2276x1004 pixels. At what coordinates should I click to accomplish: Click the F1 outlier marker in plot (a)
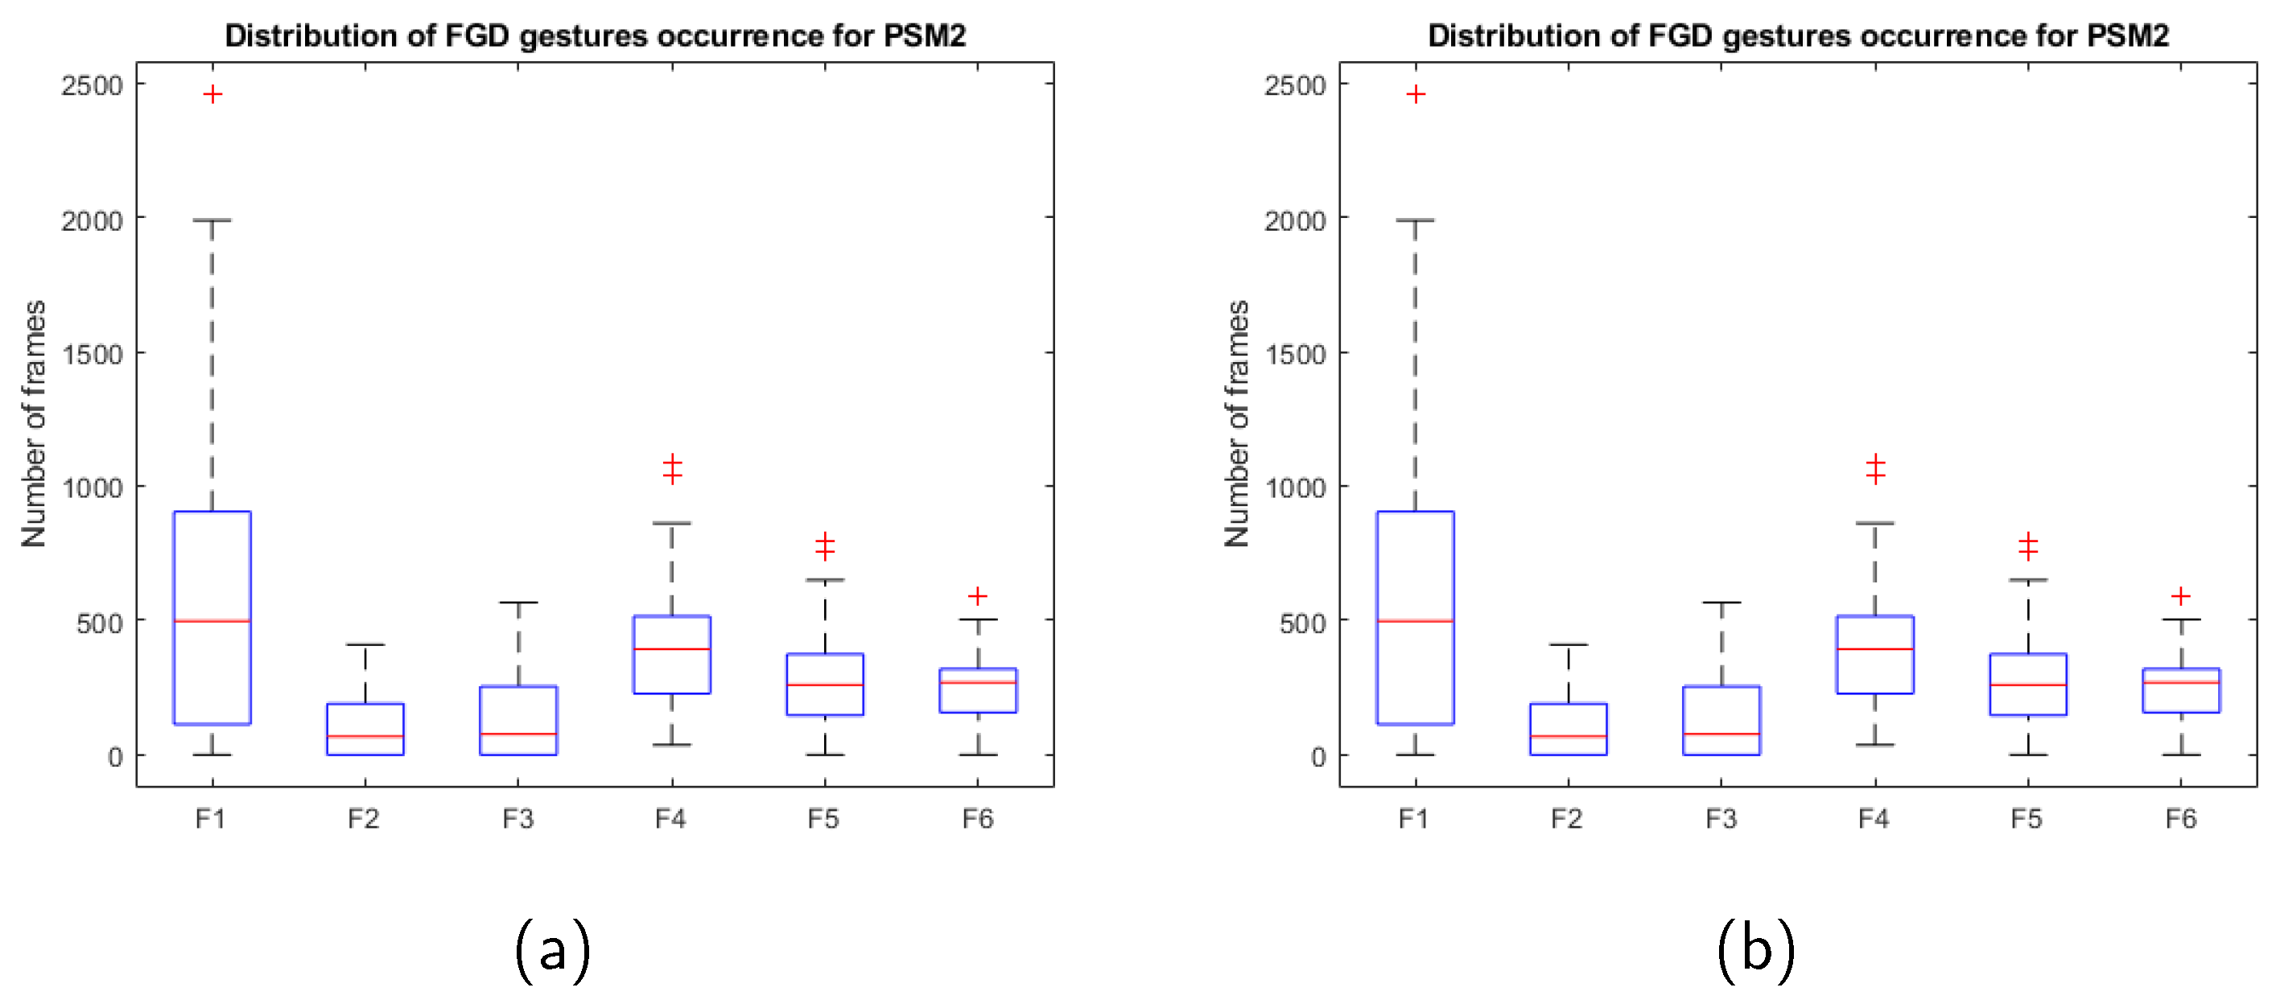(212, 94)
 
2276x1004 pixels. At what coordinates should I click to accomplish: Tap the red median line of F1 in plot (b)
(1415, 621)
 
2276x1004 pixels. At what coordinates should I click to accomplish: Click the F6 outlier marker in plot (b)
(2180, 596)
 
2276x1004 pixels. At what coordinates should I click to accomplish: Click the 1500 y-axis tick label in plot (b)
(1294, 354)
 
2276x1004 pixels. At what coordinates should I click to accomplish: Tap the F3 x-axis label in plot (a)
(517, 818)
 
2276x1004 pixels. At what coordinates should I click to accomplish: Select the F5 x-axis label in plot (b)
(2027, 818)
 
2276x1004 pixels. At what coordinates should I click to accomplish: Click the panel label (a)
(552, 950)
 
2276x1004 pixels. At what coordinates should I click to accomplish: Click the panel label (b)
(1755, 950)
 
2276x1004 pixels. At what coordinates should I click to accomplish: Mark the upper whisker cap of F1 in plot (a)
(212, 220)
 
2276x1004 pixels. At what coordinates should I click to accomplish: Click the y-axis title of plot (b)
(1237, 423)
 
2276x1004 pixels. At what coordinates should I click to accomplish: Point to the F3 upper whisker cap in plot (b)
(1721, 603)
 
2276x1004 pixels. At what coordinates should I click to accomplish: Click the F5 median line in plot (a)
(825, 685)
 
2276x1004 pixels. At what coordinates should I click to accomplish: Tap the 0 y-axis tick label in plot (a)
(115, 757)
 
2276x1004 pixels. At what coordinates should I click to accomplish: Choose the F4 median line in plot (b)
(1875, 649)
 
